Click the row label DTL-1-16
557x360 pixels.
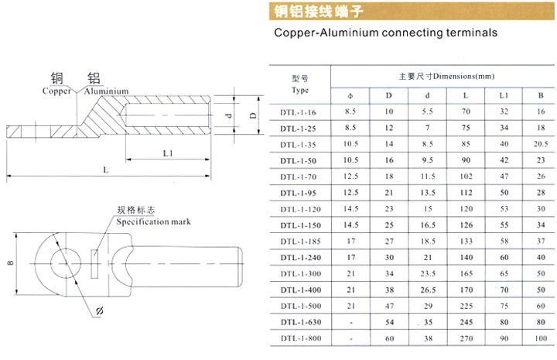[x=298, y=112]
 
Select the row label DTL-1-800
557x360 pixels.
[x=300, y=338]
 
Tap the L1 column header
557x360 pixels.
[x=504, y=95]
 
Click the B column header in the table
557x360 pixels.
[x=541, y=95]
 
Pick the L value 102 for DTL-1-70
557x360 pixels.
[x=466, y=177]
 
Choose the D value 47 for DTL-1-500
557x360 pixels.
[x=389, y=306]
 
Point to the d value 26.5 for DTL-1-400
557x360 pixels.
[x=428, y=290]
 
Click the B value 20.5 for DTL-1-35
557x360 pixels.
[x=541, y=144]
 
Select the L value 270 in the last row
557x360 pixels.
[x=466, y=338]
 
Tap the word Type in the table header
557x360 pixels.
[x=300, y=91]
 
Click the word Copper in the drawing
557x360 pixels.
[x=56, y=91]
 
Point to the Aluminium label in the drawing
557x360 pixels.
[x=106, y=91]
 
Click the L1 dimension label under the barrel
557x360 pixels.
[x=168, y=153]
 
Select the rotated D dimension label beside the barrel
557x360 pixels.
[x=253, y=115]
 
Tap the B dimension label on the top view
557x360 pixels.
[x=10, y=263]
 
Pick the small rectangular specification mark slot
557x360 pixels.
[x=94, y=264]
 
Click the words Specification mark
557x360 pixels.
[x=153, y=221]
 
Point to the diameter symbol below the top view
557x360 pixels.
[x=100, y=310]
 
